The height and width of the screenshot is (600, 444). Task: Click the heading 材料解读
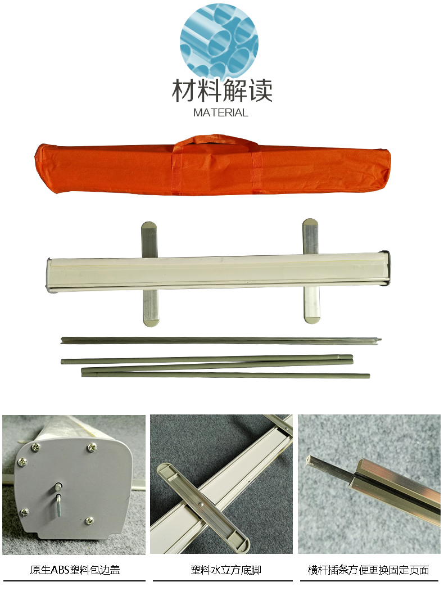pos(222,91)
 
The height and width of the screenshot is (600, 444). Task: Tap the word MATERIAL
pos(221,112)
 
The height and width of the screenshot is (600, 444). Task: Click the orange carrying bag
pos(213,166)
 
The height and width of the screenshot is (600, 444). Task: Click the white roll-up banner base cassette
pos(219,273)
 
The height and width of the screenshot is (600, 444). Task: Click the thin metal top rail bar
pos(221,340)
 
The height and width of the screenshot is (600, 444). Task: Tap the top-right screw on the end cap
pos(92,446)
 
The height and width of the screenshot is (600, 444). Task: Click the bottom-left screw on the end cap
pos(25,512)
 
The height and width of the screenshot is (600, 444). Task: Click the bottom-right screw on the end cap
pos(89,520)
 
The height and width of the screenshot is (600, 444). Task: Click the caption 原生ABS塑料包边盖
pos(75,570)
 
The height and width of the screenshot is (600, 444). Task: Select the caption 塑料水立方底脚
pos(226,570)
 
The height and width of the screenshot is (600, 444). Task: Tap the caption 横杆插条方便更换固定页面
pos(368,570)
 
